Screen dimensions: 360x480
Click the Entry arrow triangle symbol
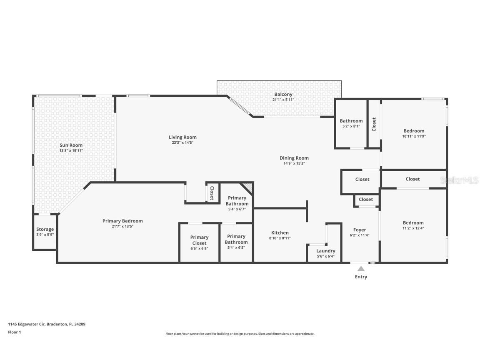361,269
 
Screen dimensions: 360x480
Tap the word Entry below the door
361,277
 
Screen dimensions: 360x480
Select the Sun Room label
71,145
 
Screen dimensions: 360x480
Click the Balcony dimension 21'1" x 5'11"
283,100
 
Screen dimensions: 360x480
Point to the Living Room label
182,137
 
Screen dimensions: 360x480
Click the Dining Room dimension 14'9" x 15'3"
294,163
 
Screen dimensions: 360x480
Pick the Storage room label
45,229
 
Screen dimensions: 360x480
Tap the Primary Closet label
199,240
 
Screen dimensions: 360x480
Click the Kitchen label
280,233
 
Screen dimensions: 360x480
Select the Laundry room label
325,251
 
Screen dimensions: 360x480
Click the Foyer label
360,230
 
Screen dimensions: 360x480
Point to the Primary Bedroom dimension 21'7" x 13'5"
122,226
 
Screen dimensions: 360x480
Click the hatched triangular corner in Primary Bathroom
248,187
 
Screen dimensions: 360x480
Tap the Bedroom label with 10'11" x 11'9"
414,131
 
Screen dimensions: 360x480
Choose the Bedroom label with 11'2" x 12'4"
413,222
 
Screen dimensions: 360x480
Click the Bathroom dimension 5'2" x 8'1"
351,126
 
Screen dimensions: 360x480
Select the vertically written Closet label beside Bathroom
374,124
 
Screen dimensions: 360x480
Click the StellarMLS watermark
459,180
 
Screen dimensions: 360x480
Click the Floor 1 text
14,332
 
